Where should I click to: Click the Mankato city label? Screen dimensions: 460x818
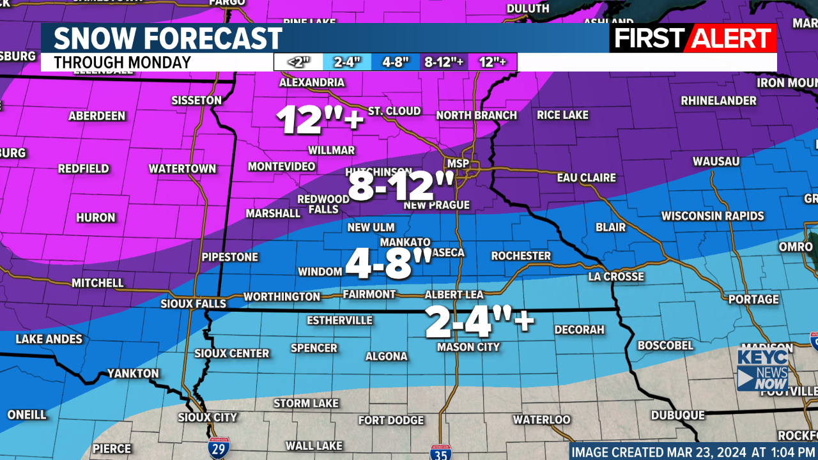(x=406, y=242)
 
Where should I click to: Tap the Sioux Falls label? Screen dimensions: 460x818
(x=193, y=303)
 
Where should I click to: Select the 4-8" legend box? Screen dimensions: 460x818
(x=396, y=62)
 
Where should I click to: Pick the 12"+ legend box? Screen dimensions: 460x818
(x=492, y=62)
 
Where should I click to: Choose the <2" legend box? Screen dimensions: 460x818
(x=298, y=62)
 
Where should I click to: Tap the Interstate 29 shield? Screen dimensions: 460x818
(x=217, y=449)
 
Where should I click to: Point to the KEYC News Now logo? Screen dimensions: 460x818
(x=762, y=369)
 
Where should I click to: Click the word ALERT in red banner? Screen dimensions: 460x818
(x=733, y=38)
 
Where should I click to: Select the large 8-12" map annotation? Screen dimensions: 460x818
(x=401, y=188)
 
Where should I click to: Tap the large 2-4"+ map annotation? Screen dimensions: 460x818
(x=479, y=323)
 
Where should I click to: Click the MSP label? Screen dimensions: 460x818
(x=458, y=164)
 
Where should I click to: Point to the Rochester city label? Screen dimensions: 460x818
(x=521, y=256)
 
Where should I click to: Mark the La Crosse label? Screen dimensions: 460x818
(x=616, y=277)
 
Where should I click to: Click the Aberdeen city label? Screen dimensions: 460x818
(x=97, y=116)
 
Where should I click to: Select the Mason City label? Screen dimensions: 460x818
(x=468, y=347)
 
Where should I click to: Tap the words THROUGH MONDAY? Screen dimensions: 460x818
(x=122, y=63)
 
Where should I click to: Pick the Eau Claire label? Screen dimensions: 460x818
(x=586, y=178)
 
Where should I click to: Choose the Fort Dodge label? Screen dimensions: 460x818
(x=391, y=420)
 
